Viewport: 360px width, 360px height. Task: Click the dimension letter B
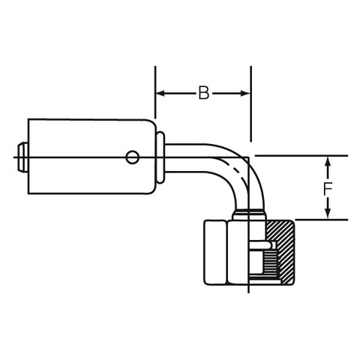point(204,93)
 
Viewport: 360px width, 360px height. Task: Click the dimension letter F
point(327,189)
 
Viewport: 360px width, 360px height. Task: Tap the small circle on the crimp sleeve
point(132,157)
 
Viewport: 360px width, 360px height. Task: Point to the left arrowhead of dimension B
point(160,94)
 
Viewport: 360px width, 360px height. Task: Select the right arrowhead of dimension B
point(245,94)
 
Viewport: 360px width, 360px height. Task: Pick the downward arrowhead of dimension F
point(328,214)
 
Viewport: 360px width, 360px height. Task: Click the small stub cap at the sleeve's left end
point(22,157)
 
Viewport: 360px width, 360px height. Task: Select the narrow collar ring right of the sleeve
point(160,157)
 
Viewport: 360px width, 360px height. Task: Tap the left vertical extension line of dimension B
point(155,92)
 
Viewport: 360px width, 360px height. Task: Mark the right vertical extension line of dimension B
point(250,103)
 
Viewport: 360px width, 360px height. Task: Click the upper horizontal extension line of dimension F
point(301,156)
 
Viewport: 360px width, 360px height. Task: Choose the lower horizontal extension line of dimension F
point(322,220)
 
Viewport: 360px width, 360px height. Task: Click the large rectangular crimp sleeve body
point(92,157)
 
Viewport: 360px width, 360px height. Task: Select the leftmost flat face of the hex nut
point(215,253)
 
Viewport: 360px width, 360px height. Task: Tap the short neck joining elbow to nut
point(248,215)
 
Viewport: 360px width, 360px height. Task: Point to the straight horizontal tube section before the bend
point(186,157)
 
